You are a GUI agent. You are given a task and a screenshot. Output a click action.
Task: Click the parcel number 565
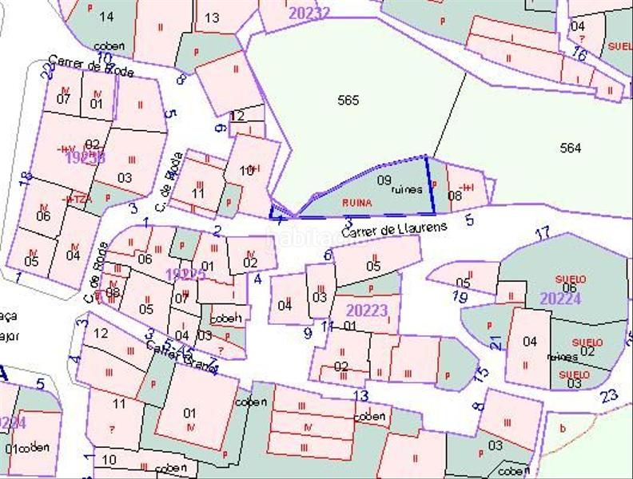pyautogui.click(x=348, y=100)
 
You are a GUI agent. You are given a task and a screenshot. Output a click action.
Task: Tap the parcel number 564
pyautogui.click(x=571, y=148)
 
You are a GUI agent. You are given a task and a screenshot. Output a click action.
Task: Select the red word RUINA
pyautogui.click(x=356, y=203)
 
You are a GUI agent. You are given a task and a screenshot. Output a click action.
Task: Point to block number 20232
pyautogui.click(x=309, y=13)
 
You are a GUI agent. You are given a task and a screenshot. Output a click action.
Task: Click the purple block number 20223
pyautogui.click(x=367, y=310)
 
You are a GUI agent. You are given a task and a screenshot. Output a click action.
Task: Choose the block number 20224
pyautogui.click(x=560, y=299)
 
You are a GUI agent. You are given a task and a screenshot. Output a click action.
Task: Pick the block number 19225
pyautogui.click(x=185, y=274)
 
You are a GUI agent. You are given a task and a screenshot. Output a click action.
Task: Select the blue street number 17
pyautogui.click(x=543, y=233)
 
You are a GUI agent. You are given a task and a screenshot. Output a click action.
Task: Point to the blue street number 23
pyautogui.click(x=609, y=395)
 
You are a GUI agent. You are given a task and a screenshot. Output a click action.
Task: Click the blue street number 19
pyautogui.click(x=459, y=297)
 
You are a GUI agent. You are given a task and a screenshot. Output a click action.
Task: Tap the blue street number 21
pyautogui.click(x=496, y=342)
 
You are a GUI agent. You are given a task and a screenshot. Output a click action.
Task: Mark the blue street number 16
pyautogui.click(x=579, y=54)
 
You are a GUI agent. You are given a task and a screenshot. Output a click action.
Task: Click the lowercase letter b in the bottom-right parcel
pyautogui.click(x=563, y=429)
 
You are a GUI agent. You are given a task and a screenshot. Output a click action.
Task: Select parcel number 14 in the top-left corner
pyautogui.click(x=105, y=16)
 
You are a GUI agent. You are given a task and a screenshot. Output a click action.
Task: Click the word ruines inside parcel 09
pyautogui.click(x=406, y=190)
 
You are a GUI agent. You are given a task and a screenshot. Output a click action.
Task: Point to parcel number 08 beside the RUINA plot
pyautogui.click(x=455, y=195)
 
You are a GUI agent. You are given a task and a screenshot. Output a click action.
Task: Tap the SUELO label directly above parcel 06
pyautogui.click(x=571, y=279)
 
